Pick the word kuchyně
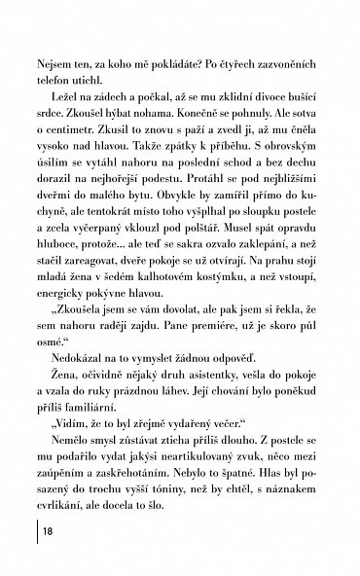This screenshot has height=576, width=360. (46, 235)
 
